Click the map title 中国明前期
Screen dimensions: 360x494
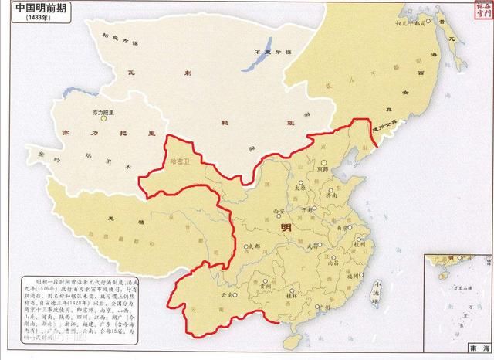37,7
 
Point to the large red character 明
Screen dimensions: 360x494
286,228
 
